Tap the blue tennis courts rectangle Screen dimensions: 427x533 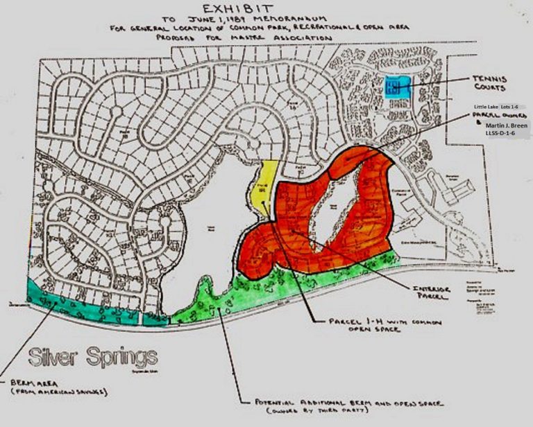pyautogui.click(x=398, y=86)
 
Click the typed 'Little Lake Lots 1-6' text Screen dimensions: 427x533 pyautogui.click(x=495, y=107)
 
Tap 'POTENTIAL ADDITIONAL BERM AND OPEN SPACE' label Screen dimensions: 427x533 pyautogui.click(x=339, y=402)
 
